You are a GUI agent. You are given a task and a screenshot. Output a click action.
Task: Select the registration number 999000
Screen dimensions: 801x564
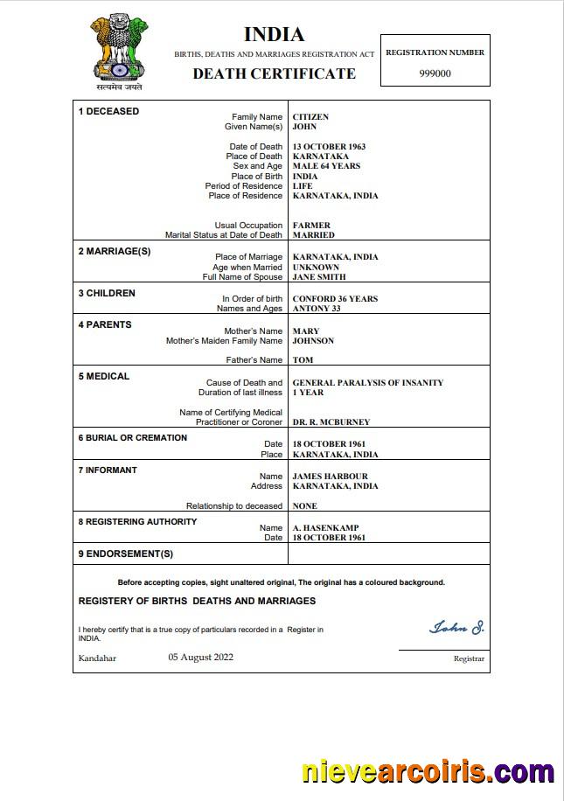435,73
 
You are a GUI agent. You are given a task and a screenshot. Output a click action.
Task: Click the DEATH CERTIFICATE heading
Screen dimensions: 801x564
274,73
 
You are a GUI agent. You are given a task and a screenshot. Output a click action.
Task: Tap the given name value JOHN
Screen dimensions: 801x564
304,127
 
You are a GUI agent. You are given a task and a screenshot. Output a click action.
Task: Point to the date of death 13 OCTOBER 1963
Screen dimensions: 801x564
329,147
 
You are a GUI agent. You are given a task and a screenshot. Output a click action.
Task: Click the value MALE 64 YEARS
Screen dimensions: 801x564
326,166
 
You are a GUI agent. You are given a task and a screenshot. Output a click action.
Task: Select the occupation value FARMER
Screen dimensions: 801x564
311,226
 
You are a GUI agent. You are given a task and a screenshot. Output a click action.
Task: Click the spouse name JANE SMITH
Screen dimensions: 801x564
319,277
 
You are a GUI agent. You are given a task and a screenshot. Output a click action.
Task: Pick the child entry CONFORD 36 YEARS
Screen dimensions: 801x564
335,299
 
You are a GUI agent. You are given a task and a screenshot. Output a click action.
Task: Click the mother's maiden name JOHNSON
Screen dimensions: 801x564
313,341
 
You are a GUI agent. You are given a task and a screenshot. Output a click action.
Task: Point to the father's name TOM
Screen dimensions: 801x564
303,360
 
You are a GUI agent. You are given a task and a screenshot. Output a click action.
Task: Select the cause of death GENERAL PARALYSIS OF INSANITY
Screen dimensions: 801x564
367,383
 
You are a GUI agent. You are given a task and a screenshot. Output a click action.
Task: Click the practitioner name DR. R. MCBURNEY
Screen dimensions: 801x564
331,422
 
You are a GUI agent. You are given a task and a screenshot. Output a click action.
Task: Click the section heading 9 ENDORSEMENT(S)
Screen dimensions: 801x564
126,554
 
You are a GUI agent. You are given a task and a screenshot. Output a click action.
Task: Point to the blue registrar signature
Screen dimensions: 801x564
456,627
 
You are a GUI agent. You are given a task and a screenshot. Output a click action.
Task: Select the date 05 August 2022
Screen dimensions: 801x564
200,658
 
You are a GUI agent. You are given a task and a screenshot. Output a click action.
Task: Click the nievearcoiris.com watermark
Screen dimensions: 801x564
428,772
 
